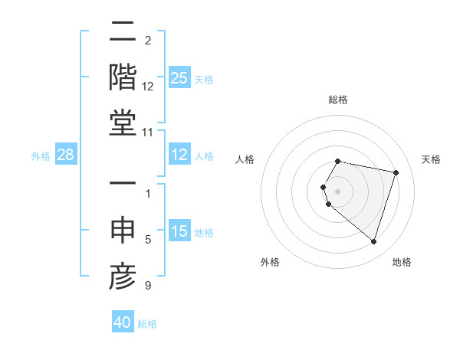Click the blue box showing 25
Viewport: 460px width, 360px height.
pos(179,77)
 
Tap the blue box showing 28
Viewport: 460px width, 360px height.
pos(66,155)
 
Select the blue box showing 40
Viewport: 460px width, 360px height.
pos(123,322)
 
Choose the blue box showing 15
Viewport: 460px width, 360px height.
pos(179,231)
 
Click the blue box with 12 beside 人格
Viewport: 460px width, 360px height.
pos(179,155)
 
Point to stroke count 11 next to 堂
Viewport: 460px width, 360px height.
pos(149,132)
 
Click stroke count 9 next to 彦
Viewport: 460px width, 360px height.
pos(148,286)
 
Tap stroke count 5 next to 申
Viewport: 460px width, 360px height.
pos(148,241)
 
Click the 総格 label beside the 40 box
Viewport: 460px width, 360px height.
pos(147,324)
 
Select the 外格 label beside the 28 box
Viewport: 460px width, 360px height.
pos(41,156)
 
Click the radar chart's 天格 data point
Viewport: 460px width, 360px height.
pos(396,172)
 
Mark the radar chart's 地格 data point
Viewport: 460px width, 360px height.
pos(373,242)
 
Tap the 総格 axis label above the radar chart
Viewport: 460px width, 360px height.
pos(338,100)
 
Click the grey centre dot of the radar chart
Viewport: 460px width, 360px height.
pos(338,191)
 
